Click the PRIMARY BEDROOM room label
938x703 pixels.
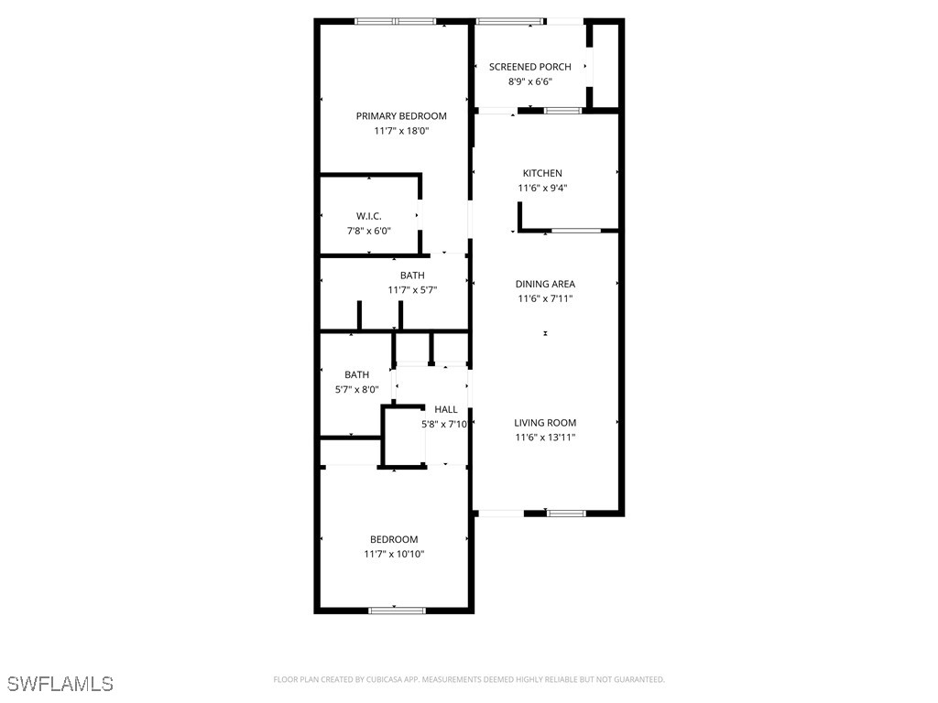tap(401, 116)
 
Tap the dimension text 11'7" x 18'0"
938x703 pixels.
tap(401, 131)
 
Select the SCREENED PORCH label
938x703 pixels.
tap(530, 67)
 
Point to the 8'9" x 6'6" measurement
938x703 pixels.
tap(530, 81)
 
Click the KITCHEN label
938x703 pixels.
tap(542, 173)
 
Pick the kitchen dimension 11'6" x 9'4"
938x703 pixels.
tap(542, 189)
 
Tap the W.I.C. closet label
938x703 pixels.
tap(369, 216)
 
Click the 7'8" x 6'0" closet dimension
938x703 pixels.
tap(369, 231)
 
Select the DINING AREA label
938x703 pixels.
tap(545, 284)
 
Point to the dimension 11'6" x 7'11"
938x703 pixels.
tap(545, 298)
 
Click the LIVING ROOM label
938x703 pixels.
tap(545, 423)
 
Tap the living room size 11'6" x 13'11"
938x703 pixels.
tap(545, 438)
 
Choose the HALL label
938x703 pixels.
tap(446, 409)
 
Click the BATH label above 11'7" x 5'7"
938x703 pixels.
tap(412, 276)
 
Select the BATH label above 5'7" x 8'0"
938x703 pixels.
tap(357, 374)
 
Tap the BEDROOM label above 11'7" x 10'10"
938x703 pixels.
tap(394, 539)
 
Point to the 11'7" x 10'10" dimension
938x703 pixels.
tap(394, 554)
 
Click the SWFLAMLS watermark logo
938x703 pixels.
tap(60, 684)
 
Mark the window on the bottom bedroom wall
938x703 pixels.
tap(397, 610)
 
